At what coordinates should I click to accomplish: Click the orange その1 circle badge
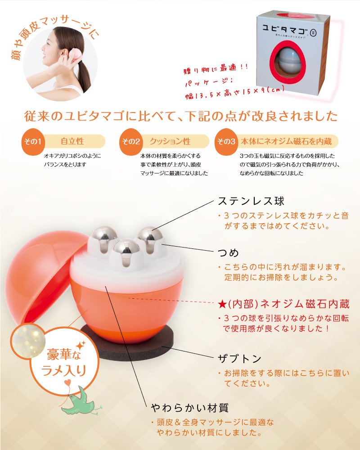pyautogui.click(x=33, y=142)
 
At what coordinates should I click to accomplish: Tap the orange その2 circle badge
pyautogui.click(x=131, y=142)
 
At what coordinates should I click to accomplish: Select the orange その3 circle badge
pyautogui.click(x=226, y=142)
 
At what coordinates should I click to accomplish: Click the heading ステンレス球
pyautogui.click(x=251, y=201)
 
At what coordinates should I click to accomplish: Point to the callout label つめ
pyautogui.click(x=228, y=252)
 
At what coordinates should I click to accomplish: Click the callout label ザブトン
pyautogui.click(x=240, y=359)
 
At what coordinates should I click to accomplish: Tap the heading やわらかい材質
pyautogui.click(x=190, y=408)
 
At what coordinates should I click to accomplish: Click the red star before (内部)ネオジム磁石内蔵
pyautogui.click(x=222, y=304)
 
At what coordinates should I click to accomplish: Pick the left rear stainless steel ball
pyautogui.click(x=104, y=236)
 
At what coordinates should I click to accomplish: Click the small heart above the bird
pyautogui.click(x=68, y=382)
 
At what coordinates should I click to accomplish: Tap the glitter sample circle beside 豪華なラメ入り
pyautogui.click(x=28, y=340)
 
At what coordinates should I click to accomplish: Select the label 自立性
pyautogui.click(x=72, y=141)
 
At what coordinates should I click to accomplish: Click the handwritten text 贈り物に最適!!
pyautogui.click(x=216, y=69)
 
